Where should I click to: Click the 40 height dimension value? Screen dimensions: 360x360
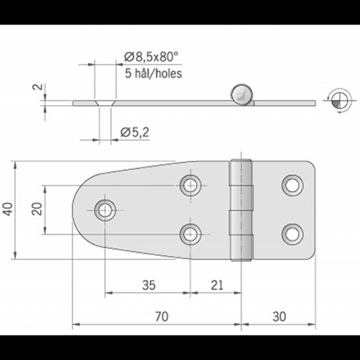[8, 209]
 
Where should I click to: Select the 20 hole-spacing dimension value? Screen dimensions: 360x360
[35, 209]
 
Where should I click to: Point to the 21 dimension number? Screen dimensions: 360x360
[217, 285]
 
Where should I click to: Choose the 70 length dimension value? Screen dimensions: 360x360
[162, 317]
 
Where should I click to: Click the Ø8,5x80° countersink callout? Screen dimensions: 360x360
[152, 56]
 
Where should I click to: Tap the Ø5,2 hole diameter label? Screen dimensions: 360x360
[137, 133]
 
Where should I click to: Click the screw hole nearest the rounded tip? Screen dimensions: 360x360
[105, 209]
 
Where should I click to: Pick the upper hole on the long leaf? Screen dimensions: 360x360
[190, 185]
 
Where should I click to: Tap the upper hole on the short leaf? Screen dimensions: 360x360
[293, 185]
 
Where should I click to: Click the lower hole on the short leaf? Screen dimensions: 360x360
[293, 232]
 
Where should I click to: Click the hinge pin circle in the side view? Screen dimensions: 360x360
[240, 95]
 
